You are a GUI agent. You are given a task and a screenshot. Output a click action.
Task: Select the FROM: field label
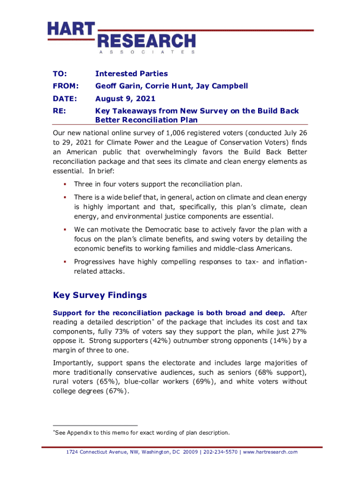pyautogui.click(x=65, y=86)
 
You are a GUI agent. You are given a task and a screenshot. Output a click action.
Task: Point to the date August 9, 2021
pyautogui.click(x=125, y=99)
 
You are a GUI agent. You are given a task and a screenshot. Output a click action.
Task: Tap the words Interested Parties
pyautogui.click(x=131, y=74)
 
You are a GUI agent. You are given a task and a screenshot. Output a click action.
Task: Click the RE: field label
pyautogui.click(x=59, y=111)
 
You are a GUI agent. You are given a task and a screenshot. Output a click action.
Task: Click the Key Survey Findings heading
pyautogui.click(x=100, y=295)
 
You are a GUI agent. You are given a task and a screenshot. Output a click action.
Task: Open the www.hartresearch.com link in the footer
pyautogui.click(x=270, y=452)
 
